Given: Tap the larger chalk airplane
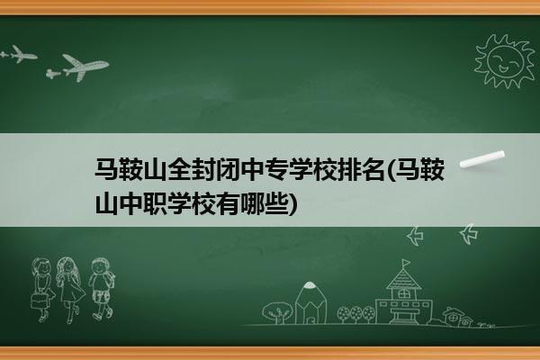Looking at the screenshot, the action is point(85,67).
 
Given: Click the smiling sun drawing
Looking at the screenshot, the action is point(505,61).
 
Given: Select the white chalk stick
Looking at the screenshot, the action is point(482,159).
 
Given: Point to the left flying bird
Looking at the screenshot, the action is point(415,236).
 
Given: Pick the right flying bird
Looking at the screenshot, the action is point(469,234).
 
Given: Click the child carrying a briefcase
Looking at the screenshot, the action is point(42,290).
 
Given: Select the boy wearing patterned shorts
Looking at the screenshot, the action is point(101,289).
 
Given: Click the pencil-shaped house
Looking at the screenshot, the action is point(310,303).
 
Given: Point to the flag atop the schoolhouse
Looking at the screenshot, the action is point(407,263).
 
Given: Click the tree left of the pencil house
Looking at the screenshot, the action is point(276,312).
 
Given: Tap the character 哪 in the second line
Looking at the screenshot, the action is point(257,204).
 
